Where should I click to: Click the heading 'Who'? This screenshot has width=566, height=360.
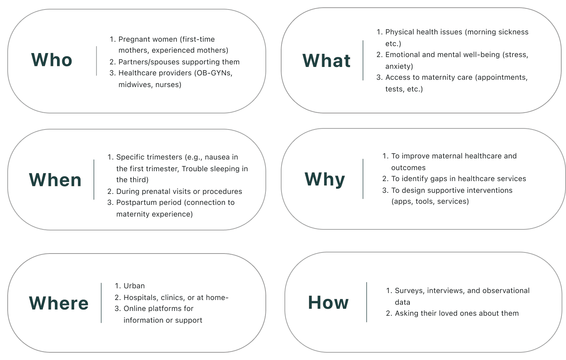pyautogui.click(x=52, y=60)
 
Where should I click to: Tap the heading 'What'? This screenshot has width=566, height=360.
pyautogui.click(x=327, y=61)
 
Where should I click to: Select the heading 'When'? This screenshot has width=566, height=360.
pyautogui.click(x=55, y=180)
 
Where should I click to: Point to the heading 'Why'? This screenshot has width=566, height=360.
pyautogui.click(x=325, y=179)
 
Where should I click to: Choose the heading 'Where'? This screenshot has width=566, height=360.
pyautogui.click(x=59, y=303)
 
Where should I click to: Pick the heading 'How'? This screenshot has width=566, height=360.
pyautogui.click(x=328, y=303)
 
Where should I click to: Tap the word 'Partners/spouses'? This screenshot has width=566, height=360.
pyautogui.click(x=146, y=62)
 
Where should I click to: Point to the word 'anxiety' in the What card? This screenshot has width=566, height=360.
pyautogui.click(x=399, y=66)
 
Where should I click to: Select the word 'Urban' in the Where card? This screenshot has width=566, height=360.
pyautogui.click(x=134, y=286)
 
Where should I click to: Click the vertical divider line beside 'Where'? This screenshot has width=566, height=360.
pyautogui.click(x=101, y=303)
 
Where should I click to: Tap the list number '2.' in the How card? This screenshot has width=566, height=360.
pyautogui.click(x=389, y=313)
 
